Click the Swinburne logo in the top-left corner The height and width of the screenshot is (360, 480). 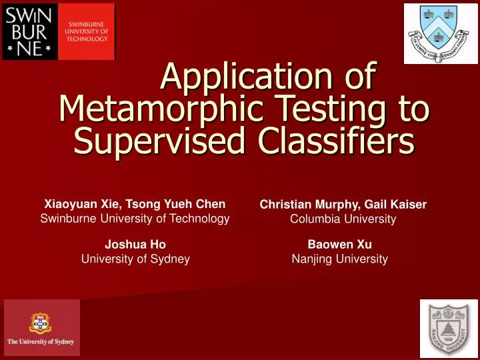tap(58, 31)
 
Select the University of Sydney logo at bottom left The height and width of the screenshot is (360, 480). tap(41, 327)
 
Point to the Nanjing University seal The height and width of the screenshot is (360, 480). tap(449, 328)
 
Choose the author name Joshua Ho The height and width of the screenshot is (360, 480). tap(135, 245)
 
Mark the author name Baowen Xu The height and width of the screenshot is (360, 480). tap(340, 245)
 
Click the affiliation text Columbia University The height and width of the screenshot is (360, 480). tap(343, 219)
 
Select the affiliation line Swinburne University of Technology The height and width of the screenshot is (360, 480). tap(135, 219)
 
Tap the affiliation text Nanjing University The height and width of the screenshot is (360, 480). tap(340, 259)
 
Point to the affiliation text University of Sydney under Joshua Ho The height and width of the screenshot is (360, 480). tap(135, 259)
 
